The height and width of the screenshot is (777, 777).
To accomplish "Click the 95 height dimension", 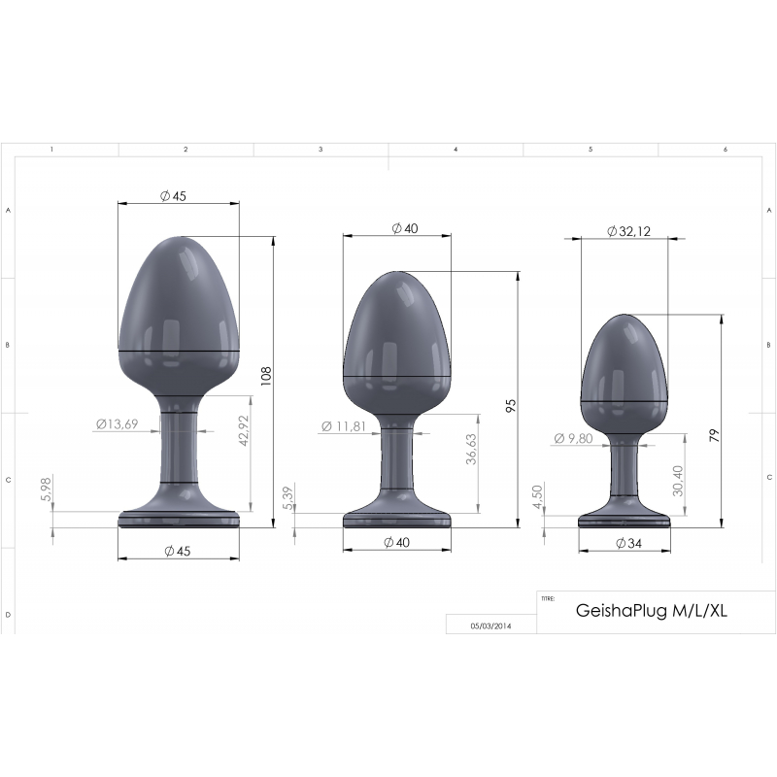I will (512, 404).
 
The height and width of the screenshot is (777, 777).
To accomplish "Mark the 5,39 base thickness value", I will (287, 498).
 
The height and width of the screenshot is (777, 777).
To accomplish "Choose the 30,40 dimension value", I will (677, 479).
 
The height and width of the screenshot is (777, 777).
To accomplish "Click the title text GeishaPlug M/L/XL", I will (652, 612).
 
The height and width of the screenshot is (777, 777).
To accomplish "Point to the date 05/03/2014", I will (490, 626).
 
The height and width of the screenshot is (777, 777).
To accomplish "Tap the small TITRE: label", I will (548, 598).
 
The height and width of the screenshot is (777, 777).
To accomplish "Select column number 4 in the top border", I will (456, 150).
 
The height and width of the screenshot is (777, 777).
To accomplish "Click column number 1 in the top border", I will (51, 150).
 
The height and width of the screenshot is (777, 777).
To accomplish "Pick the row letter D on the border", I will (8, 615).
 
